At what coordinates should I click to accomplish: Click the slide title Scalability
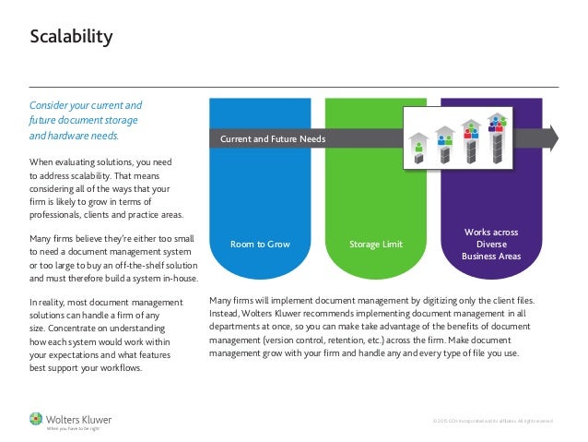click(x=71, y=38)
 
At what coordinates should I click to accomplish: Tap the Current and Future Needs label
click(x=272, y=139)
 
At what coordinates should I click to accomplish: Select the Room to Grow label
click(x=260, y=245)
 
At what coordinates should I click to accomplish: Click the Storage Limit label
click(x=376, y=245)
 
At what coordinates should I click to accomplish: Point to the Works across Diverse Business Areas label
click(x=492, y=244)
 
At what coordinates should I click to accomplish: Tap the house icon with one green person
click(x=419, y=141)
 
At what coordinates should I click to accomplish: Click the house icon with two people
click(x=445, y=137)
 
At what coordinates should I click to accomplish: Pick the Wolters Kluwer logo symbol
click(x=36, y=417)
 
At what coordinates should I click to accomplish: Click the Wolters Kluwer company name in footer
click(x=76, y=416)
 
